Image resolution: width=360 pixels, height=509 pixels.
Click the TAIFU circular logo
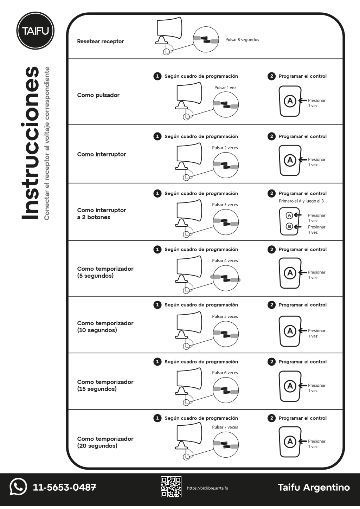35,31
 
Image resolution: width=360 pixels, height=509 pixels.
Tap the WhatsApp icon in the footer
18,487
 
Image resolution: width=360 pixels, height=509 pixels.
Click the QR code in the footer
171,487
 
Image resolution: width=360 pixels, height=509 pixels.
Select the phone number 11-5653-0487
64,487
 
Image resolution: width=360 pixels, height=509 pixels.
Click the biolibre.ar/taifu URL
207,488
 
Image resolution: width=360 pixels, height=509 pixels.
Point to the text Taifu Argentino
314,487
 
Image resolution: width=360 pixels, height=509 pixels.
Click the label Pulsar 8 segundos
242,40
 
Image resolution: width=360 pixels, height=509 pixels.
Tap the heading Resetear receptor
100,41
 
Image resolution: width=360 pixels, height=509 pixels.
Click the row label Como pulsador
98,95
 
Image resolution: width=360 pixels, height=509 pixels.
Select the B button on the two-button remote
289,226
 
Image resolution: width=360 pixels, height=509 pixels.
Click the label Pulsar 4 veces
225,261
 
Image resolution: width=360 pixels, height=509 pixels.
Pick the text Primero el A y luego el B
301,201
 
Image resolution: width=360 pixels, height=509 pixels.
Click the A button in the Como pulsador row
290,101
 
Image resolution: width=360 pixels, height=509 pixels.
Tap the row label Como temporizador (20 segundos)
105,442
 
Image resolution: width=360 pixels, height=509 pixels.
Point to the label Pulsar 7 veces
225,427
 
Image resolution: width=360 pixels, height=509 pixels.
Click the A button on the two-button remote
289,215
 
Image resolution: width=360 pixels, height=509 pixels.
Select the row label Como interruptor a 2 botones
101,214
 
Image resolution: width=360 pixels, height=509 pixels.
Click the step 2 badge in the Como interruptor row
271,136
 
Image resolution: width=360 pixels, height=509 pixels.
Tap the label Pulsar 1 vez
225,88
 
